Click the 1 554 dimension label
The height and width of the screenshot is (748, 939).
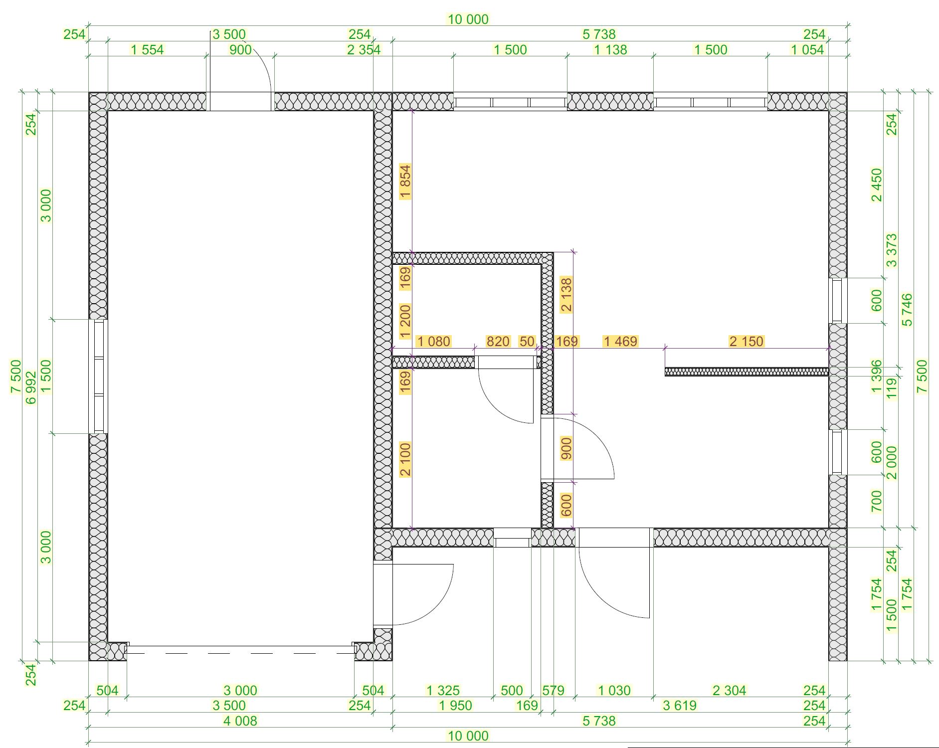[x=147, y=50]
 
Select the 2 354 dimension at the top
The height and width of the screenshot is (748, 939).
[x=364, y=50]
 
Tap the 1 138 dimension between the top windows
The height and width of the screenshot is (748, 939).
[x=610, y=50]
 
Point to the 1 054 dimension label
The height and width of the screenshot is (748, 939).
[x=807, y=50]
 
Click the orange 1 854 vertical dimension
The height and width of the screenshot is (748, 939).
[x=405, y=182]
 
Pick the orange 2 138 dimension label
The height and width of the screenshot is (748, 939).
[x=566, y=295]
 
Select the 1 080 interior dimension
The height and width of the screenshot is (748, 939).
[x=434, y=342]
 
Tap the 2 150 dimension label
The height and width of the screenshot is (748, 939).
[x=746, y=342]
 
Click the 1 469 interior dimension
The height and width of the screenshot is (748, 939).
[x=620, y=342]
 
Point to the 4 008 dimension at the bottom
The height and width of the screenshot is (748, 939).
[x=240, y=721]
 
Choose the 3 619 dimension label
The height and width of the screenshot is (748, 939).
[x=679, y=706]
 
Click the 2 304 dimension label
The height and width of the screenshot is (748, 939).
[x=729, y=691]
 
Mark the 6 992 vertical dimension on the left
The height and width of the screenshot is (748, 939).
[x=31, y=387]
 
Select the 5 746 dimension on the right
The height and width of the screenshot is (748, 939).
[x=907, y=310]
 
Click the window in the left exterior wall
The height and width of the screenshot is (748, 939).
[x=99, y=376]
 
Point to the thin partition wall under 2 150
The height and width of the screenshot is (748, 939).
[x=747, y=372]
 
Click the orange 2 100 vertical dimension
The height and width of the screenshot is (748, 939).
[x=405, y=459]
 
